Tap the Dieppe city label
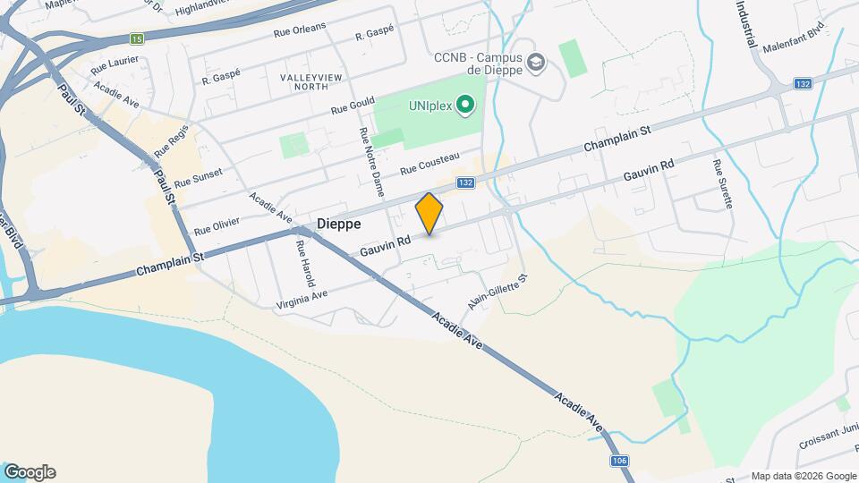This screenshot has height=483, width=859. pyautogui.click(x=339, y=224)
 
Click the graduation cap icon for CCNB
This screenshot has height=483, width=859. pyautogui.click(x=536, y=62)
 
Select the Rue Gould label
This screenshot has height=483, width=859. pyautogui.click(x=352, y=106)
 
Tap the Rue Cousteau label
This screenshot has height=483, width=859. pyautogui.click(x=429, y=165)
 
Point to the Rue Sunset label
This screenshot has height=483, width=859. pyautogui.click(x=198, y=178)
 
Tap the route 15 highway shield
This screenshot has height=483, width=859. pyautogui.click(x=136, y=38)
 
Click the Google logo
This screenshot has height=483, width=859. pyautogui.click(x=30, y=472)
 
